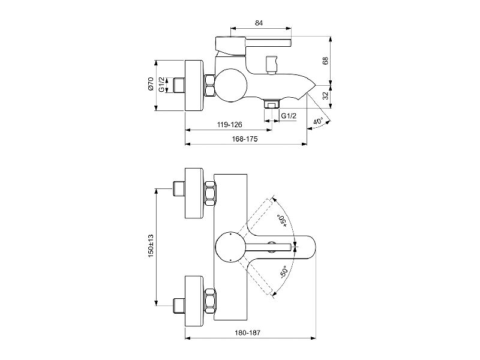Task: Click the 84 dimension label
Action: click(259, 23)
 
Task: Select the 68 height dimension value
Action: click(325, 61)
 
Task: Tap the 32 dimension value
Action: click(325, 96)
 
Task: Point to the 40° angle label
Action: click(318, 121)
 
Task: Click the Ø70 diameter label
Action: click(151, 84)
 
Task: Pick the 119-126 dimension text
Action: click(230, 125)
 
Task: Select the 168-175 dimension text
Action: click(245, 139)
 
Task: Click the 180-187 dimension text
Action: click(247, 332)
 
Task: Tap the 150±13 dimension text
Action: click(151, 245)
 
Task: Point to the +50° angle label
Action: click(281, 221)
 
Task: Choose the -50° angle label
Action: click(284, 272)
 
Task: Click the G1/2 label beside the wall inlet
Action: click(161, 85)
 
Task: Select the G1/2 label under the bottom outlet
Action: click(289, 116)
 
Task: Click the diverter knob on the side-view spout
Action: click(272, 65)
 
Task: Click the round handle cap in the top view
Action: click(231, 247)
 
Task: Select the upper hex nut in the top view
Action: click(210, 193)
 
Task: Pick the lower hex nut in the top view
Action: click(210, 301)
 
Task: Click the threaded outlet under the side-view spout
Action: click(272, 104)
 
